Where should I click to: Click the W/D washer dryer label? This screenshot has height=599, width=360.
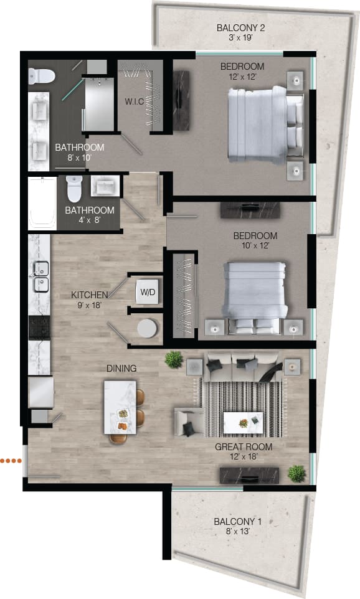(x=148, y=291)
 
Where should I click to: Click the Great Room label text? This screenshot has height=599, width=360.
(x=244, y=451)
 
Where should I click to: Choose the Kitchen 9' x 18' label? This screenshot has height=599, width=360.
(x=90, y=299)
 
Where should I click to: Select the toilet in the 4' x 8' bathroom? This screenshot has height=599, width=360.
(x=73, y=187)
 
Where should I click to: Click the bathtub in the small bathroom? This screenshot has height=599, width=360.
(x=42, y=202)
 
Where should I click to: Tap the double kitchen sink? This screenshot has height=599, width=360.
(x=40, y=277)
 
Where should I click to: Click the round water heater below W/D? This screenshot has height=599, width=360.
(x=147, y=329)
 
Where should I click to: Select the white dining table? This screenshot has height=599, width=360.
(x=121, y=408)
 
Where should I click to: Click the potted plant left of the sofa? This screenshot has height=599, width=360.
(x=174, y=359)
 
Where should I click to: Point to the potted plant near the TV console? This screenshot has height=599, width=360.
(x=296, y=473)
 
